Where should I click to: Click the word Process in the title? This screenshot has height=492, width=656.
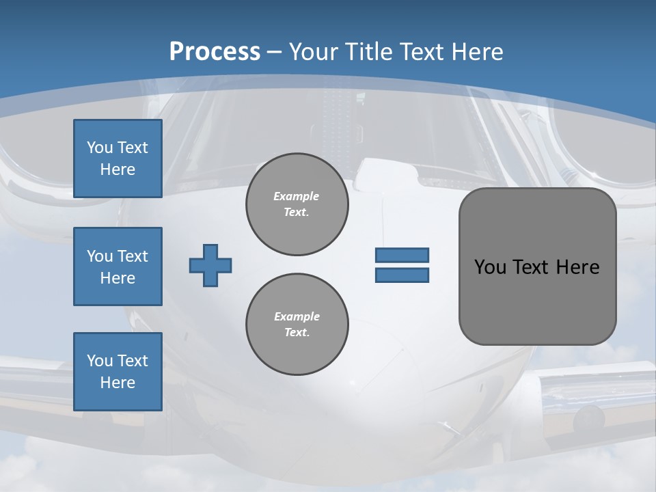coord(215,52)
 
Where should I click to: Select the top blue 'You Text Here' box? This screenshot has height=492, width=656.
coord(118,159)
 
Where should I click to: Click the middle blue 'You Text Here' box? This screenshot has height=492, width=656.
coord(118,266)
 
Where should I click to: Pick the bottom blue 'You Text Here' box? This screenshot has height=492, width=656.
coord(118,372)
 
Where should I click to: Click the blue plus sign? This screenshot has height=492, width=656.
coord(210,265)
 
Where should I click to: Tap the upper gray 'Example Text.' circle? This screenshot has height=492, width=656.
coord(297,204)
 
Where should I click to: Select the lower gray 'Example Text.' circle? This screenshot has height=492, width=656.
coord(297,325)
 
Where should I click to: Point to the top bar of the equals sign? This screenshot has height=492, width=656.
coord(402,255)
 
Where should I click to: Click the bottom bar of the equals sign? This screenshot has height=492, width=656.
coord(402,275)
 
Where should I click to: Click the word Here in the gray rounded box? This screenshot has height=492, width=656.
coord(577,267)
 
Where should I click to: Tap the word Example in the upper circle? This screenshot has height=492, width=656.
coord(297,196)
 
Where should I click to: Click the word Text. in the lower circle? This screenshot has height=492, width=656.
coord(297,333)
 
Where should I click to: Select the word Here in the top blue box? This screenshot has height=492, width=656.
coord(118,169)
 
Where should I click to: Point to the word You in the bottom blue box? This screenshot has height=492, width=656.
coord(100,361)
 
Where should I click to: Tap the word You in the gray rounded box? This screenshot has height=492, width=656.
coord(489,267)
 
